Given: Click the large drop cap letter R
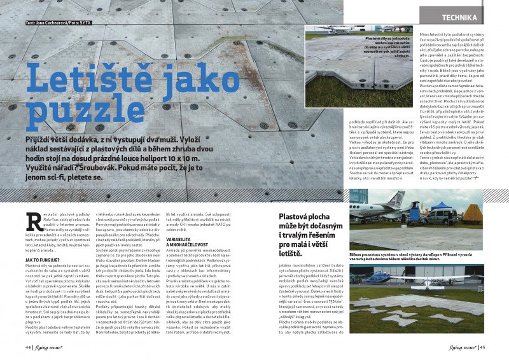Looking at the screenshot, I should pyautogui.click(x=32, y=222).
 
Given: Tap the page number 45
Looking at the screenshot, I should pyautogui.click(x=483, y=348).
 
